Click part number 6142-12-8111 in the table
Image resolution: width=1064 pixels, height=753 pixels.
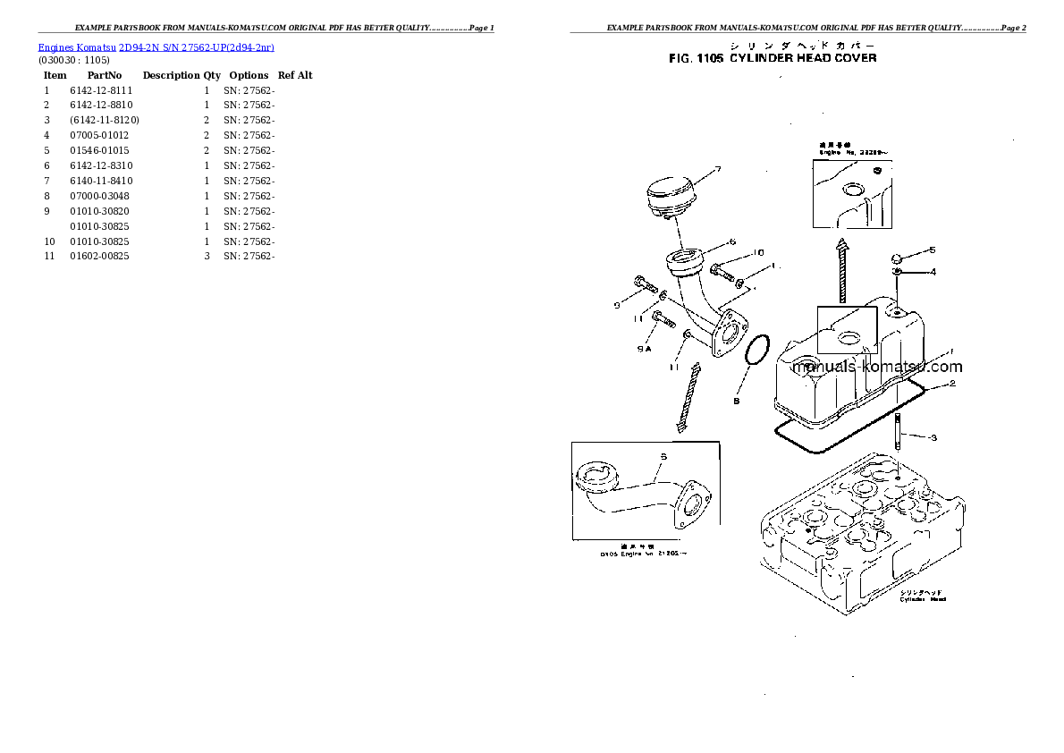pos(100,90)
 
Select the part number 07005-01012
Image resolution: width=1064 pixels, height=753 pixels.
pos(99,135)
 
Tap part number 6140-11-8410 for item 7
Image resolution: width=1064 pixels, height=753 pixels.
pos(100,181)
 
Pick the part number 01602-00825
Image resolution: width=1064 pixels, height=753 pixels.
pos(99,256)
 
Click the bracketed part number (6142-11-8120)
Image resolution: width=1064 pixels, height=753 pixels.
pos(104,120)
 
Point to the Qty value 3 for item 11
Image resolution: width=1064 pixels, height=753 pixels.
pos(207,256)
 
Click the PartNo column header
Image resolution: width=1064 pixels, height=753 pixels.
pos(105,75)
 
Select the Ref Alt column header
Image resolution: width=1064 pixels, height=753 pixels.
pos(295,75)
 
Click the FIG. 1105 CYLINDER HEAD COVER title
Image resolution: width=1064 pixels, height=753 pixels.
pos(773,58)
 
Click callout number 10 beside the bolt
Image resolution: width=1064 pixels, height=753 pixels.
pos(758,252)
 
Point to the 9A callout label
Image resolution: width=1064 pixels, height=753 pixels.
pos(644,350)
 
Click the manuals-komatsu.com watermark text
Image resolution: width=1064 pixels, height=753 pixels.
pos(877,367)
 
